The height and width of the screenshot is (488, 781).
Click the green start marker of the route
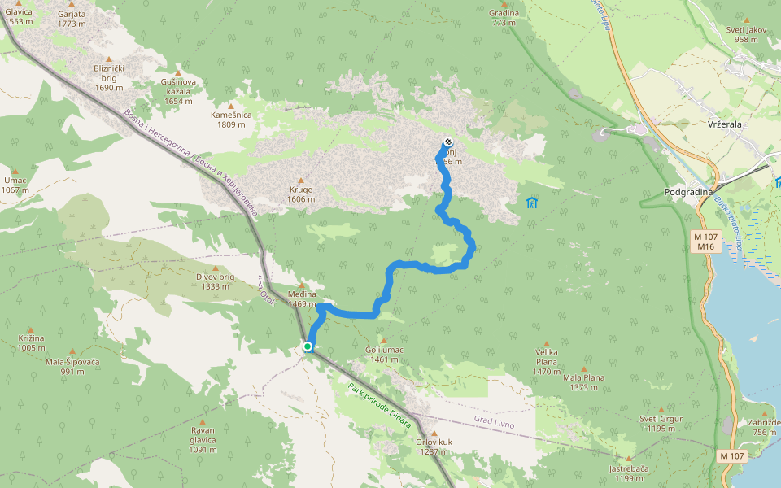[x=308, y=346]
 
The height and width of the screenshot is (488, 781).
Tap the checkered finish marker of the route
[x=448, y=142]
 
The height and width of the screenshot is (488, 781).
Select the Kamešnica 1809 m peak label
[x=231, y=120]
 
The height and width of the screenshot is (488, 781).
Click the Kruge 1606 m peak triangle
[x=300, y=181]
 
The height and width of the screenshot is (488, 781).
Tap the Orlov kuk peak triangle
[x=434, y=433]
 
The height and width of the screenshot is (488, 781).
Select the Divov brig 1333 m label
[x=215, y=281]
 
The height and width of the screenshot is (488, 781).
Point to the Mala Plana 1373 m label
[x=583, y=382]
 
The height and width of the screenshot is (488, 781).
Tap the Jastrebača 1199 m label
[x=630, y=473]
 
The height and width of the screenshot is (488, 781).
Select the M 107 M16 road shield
[x=704, y=241]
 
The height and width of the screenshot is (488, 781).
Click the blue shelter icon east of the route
[x=532, y=202]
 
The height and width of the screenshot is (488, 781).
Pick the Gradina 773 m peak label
[x=504, y=18]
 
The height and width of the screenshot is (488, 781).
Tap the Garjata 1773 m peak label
[x=72, y=19]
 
